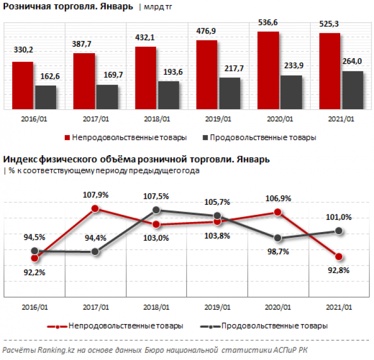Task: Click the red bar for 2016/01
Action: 23,85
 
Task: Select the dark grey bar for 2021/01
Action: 352,89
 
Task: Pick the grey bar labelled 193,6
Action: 168,95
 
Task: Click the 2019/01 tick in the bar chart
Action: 218,120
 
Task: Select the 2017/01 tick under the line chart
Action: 95,307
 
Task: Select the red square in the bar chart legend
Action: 66,138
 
